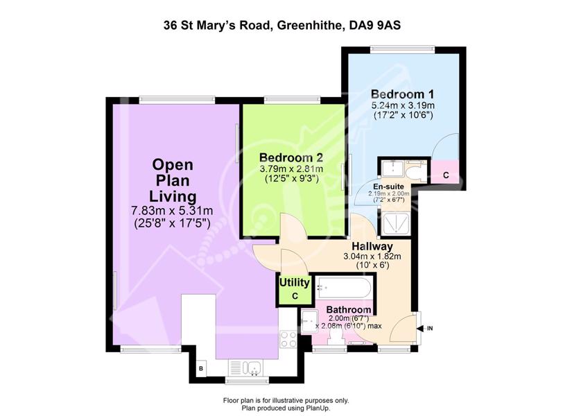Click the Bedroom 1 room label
402,94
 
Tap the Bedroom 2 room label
291,157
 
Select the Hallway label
372,246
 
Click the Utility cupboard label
295,282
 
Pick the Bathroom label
349,310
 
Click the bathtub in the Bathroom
344,287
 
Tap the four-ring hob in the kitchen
288,339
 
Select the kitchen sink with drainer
245,368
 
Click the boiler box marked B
201,369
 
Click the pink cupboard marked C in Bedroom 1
445,172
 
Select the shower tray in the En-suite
395,224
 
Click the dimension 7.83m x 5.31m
172,211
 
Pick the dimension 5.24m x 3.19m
403,106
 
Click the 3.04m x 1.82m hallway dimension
372,257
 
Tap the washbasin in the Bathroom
309,321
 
